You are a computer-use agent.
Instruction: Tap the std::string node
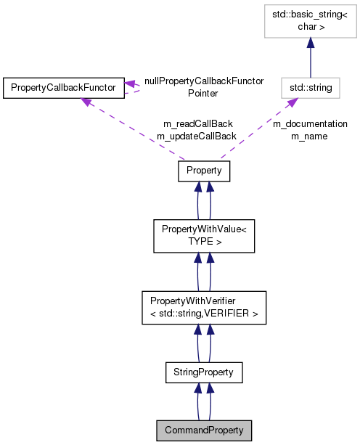pos(311,88)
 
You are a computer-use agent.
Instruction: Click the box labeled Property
pos(204,171)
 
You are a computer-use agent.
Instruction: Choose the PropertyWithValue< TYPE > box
pos(204,234)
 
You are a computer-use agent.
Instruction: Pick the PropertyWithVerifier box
pos(204,307)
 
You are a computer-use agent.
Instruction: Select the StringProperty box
pos(204,372)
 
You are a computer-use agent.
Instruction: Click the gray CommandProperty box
pos(204,430)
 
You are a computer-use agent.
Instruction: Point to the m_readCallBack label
pos(196,123)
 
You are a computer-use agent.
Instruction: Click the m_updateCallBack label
pos(196,136)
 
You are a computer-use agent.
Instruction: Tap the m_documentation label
pos(310,123)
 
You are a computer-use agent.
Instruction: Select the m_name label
pos(310,136)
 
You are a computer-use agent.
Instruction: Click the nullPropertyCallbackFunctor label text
pos(203,81)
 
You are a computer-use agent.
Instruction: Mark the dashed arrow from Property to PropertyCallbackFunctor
pos(131,128)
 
